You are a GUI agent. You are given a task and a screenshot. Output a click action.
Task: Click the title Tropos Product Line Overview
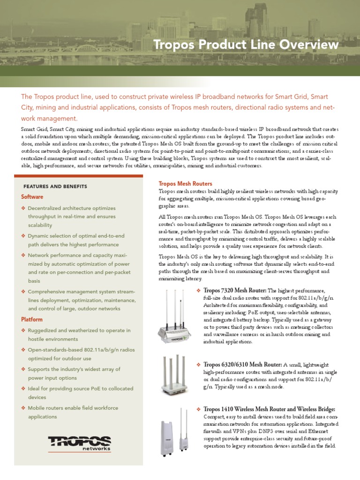click(x=246, y=45)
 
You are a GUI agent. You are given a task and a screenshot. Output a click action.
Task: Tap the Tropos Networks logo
click(x=79, y=442)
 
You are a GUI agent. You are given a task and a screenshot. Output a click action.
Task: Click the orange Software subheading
click(x=32, y=197)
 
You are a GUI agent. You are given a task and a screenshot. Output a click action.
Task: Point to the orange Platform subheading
click(x=32, y=319)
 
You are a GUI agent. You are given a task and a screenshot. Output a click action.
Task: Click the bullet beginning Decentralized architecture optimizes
click(x=71, y=216)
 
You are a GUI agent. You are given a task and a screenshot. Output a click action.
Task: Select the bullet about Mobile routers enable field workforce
click(x=73, y=412)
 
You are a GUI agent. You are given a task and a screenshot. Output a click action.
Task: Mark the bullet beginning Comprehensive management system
click(x=78, y=300)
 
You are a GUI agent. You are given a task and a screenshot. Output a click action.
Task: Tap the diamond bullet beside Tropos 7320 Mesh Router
click(x=198, y=291)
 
